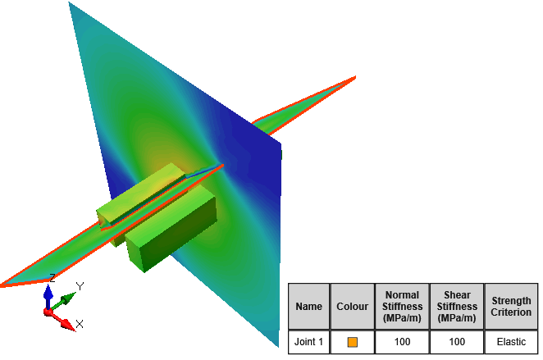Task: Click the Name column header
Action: coord(308,307)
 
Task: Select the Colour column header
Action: coord(352,307)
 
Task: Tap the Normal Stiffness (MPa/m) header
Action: coord(402,307)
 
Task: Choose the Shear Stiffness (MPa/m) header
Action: coord(457,307)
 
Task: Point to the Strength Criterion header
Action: coord(511,307)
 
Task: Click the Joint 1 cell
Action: coord(308,342)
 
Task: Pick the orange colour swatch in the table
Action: coord(352,342)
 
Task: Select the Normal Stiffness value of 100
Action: coord(402,342)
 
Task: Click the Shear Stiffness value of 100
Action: coord(457,342)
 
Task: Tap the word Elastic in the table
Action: coord(511,342)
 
